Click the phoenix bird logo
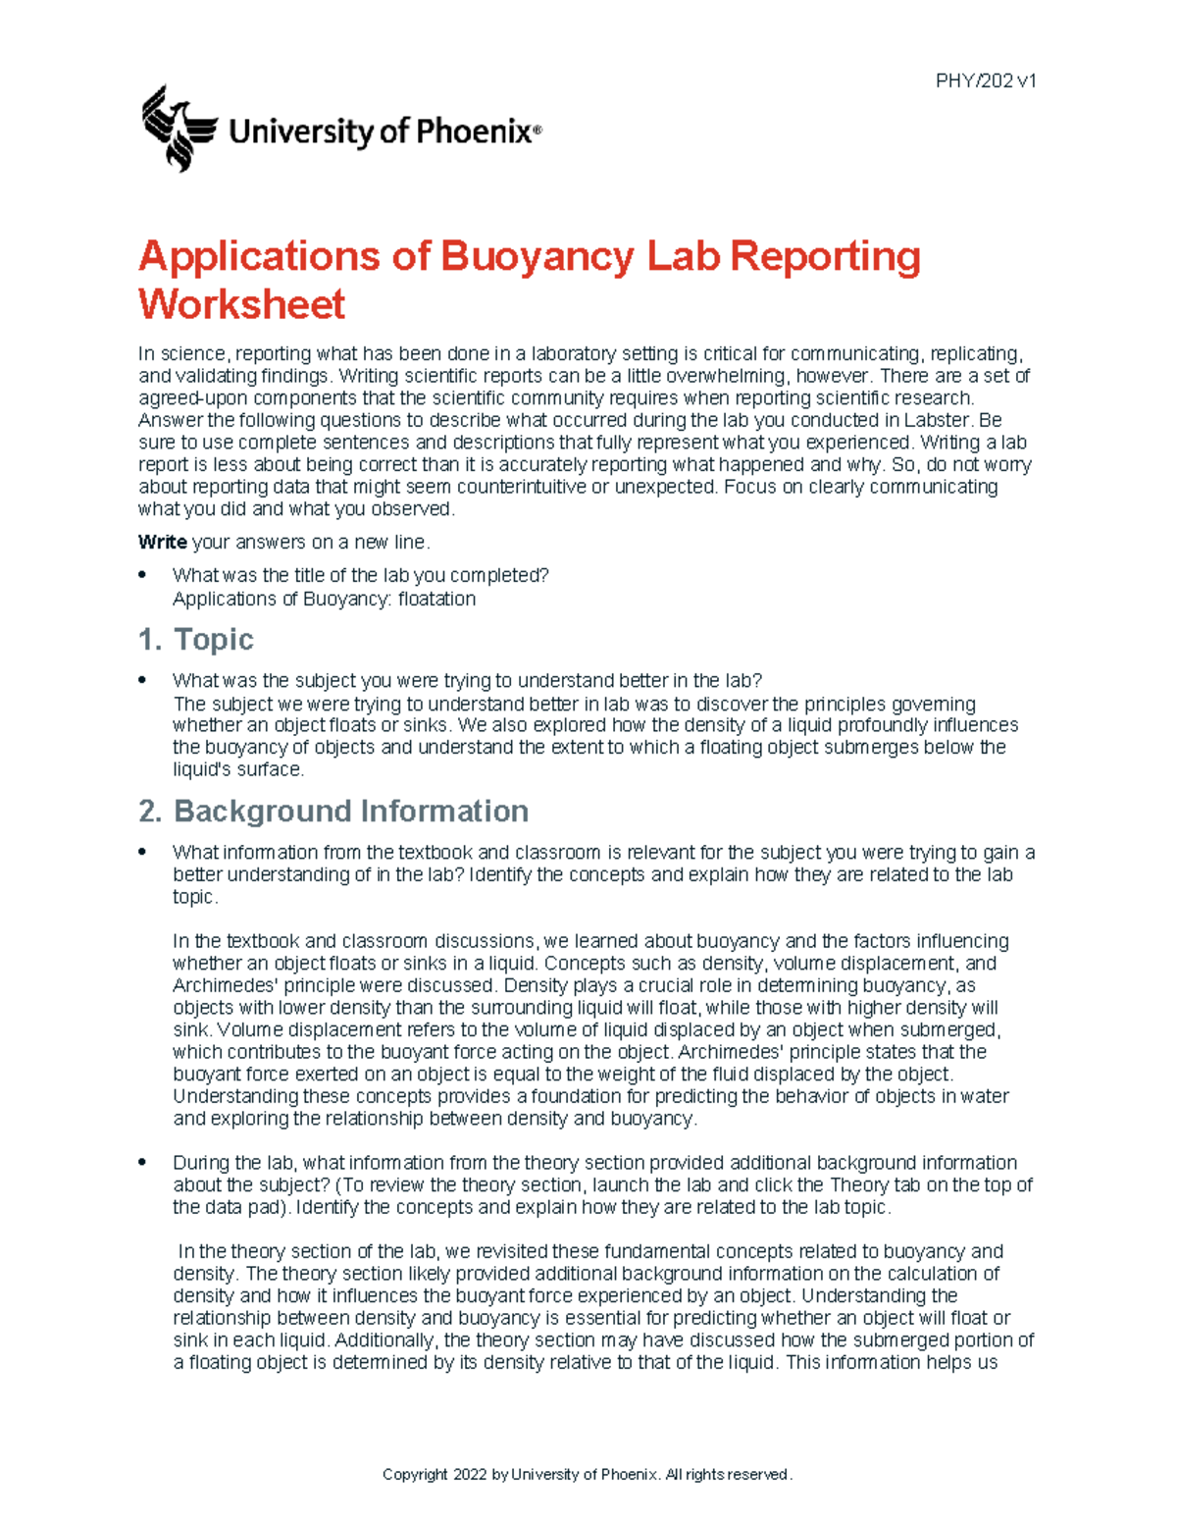178,129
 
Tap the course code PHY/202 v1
986,81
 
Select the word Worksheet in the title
241,304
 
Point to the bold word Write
162,543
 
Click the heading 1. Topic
196,640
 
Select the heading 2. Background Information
333,812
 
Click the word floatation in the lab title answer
436,600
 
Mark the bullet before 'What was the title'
143,575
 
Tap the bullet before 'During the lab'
143,1163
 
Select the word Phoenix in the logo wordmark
475,131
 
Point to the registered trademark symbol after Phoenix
537,130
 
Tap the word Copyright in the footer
415,1475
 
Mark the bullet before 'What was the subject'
143,680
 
